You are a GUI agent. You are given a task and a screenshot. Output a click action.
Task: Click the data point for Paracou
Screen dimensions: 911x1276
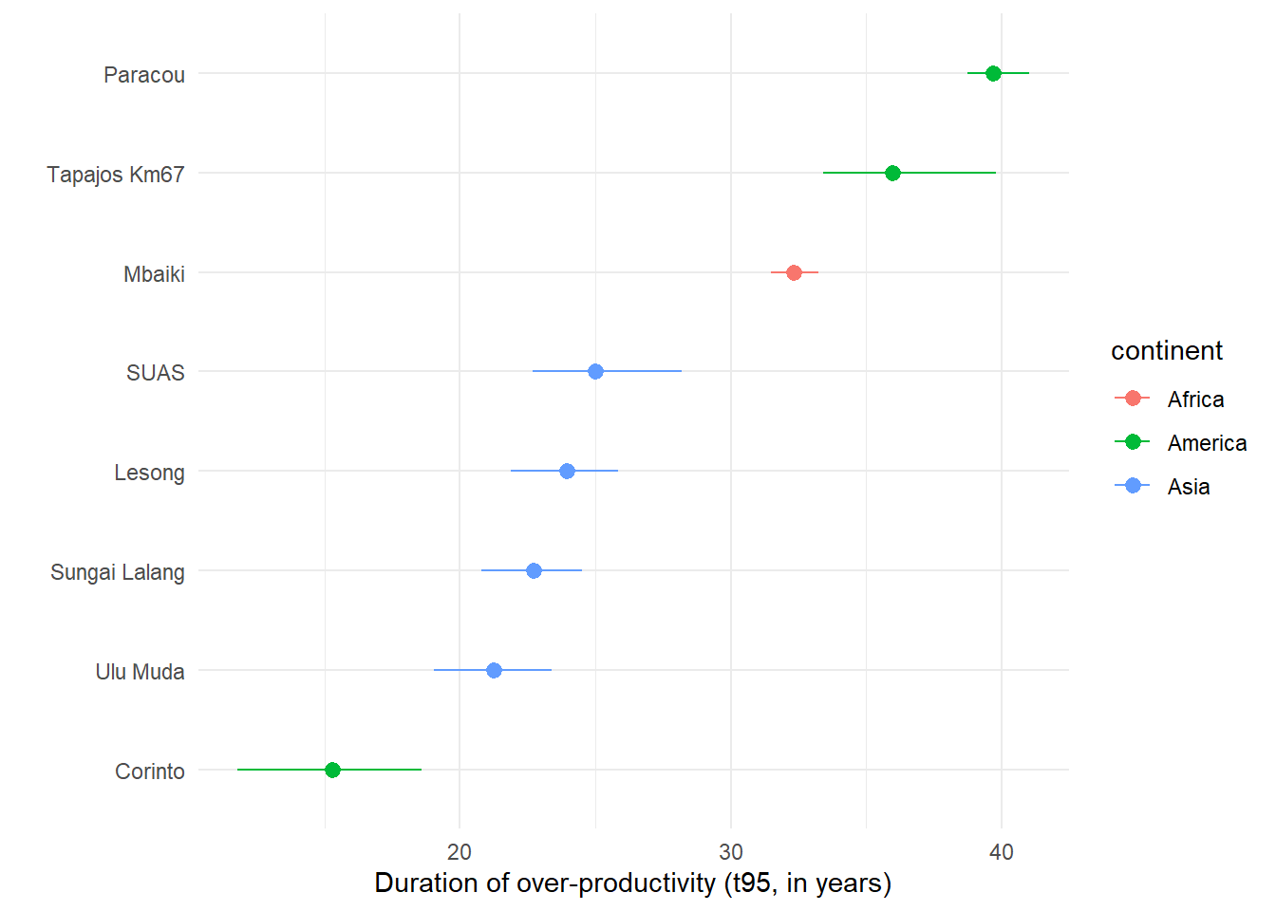[x=993, y=73]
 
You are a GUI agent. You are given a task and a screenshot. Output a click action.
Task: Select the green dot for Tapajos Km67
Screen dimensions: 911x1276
[x=892, y=173]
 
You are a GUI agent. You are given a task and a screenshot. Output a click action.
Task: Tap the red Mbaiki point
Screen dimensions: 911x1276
[x=794, y=272]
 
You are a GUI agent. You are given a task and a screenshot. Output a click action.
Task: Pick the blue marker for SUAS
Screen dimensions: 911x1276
[x=595, y=371]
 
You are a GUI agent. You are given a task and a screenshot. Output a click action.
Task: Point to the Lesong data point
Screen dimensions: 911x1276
[x=567, y=471]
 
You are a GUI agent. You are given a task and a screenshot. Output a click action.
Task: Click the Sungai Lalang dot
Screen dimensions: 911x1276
[x=534, y=570]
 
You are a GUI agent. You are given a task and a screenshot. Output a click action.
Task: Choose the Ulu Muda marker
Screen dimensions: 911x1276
[x=494, y=670]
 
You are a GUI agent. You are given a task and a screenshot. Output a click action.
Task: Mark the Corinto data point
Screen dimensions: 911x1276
[x=332, y=770]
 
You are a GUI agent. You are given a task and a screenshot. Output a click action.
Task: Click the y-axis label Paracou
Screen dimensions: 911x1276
[x=144, y=75]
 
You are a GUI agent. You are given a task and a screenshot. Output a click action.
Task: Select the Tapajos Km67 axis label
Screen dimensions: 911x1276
[x=116, y=175]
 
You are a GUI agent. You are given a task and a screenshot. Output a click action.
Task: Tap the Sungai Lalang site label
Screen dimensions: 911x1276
[x=118, y=572]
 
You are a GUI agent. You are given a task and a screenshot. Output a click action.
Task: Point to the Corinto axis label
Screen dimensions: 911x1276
[x=150, y=772]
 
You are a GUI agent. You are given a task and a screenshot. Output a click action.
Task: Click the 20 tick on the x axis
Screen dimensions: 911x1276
[x=460, y=851]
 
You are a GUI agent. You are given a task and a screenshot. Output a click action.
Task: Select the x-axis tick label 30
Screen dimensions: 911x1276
[x=731, y=851]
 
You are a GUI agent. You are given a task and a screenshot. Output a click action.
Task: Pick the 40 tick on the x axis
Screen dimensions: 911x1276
[x=1002, y=851]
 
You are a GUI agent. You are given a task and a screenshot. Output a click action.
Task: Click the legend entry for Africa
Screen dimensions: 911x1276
[x=1195, y=400]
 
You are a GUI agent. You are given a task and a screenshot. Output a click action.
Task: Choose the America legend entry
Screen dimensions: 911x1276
[x=1207, y=443]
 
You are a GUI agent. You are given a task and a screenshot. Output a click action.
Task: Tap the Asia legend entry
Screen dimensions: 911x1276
[x=1189, y=487]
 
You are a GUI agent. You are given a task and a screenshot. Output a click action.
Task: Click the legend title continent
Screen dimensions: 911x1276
[x=1167, y=351]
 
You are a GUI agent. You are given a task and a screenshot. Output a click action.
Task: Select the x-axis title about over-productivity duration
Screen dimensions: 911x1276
[x=633, y=883]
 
